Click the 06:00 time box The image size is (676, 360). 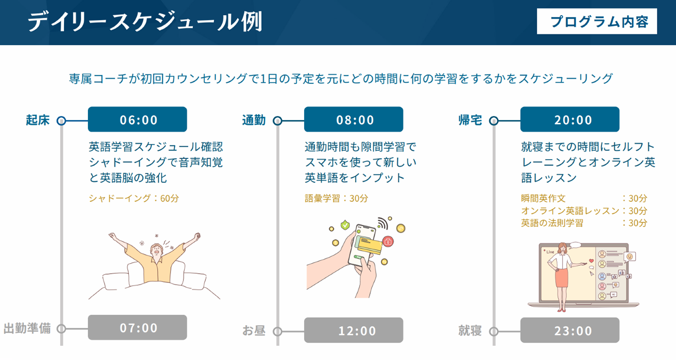[x=137, y=119]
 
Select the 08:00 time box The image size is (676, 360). [x=354, y=119]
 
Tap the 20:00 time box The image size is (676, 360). [x=570, y=119]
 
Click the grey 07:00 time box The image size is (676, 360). [x=137, y=327]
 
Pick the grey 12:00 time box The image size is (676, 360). [x=354, y=330]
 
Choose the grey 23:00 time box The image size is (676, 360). [x=570, y=330]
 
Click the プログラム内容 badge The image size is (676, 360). [x=597, y=21]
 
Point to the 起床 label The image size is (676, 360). [x=38, y=120]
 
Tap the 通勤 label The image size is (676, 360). [x=254, y=120]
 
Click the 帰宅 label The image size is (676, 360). [x=470, y=120]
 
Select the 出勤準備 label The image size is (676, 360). [x=27, y=328]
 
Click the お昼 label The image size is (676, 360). [x=254, y=331]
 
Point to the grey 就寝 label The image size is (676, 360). [x=470, y=331]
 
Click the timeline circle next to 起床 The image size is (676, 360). [x=61, y=121]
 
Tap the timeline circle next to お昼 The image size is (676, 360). [x=277, y=331]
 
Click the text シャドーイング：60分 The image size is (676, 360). [x=134, y=198]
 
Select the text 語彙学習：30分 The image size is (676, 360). [x=336, y=198]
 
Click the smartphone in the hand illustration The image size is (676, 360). [x=362, y=245]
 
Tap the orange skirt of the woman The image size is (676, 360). [x=561, y=278]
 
